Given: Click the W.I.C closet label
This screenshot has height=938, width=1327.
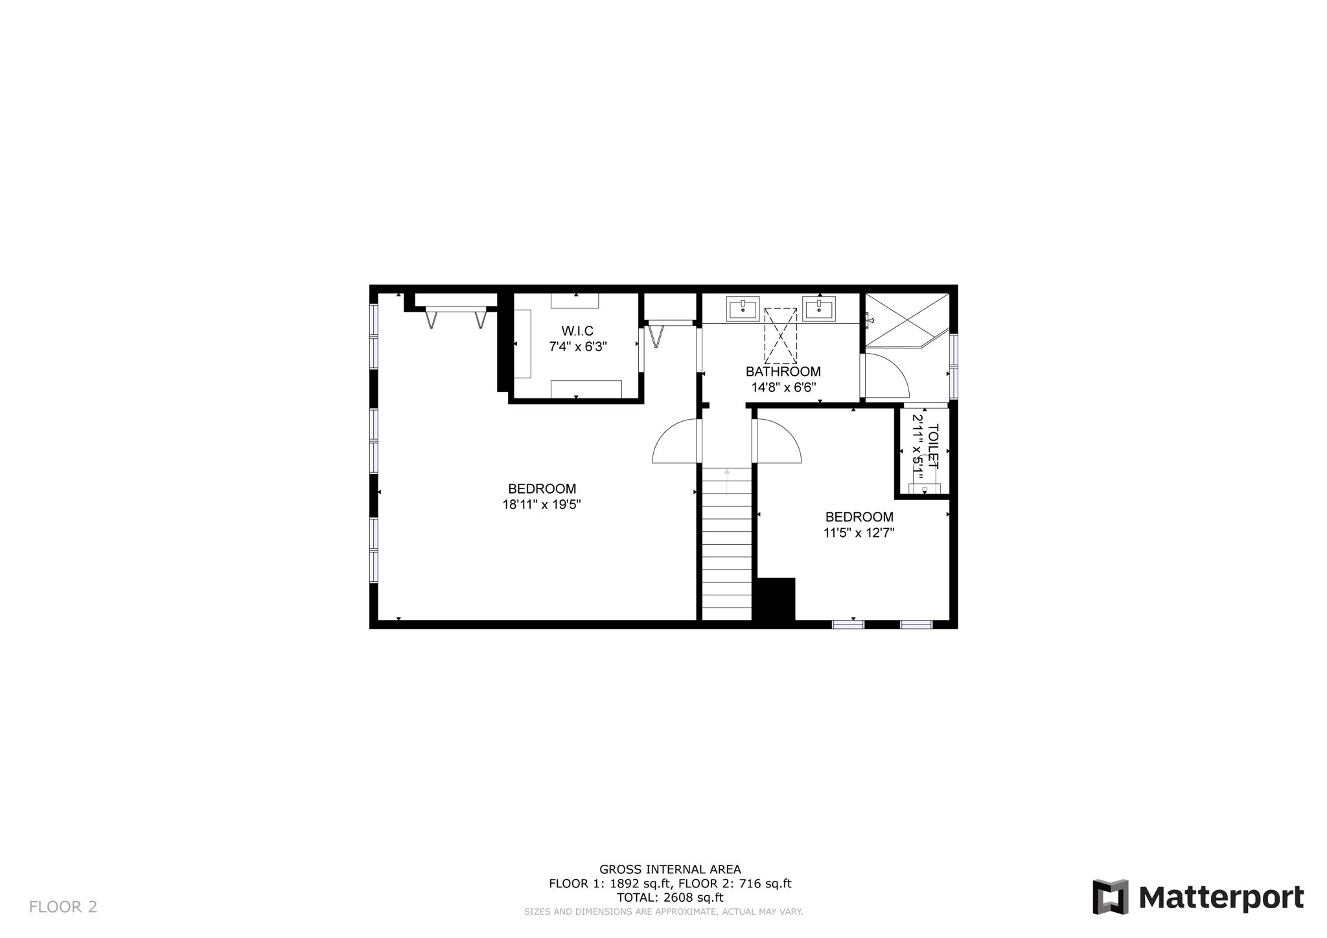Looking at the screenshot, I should tap(577, 331).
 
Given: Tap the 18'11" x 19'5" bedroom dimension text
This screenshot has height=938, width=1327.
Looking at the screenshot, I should tap(541, 505).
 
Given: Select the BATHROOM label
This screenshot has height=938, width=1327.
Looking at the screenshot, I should tap(783, 372).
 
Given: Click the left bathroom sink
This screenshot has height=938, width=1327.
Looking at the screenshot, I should tap(743, 308).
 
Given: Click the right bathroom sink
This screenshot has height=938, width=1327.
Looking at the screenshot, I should tap(819, 308).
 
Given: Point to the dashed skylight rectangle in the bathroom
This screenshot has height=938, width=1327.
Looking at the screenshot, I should tap(780, 336).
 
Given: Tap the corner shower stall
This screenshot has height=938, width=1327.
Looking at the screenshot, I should tap(904, 319).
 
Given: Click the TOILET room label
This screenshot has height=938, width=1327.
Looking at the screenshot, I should tap(933, 446).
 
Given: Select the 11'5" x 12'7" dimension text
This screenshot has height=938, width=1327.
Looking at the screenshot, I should tap(859, 533).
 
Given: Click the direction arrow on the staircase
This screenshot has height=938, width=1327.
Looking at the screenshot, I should tap(727, 481).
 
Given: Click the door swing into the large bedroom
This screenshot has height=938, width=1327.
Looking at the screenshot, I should tap(676, 442).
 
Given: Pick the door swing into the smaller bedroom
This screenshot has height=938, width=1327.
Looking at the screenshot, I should tap(778, 442).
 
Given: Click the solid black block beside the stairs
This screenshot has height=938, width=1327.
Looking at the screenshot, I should tap(775, 601).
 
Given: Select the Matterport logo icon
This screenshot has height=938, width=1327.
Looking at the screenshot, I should tap(1110, 897).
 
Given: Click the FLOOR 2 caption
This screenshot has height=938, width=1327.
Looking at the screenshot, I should tap(63, 907).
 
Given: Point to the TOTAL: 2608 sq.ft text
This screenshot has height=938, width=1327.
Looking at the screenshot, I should tap(669, 898).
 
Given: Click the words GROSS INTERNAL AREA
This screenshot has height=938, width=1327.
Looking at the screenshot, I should tap(669, 869).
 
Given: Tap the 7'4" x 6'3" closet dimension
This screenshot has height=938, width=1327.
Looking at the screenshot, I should tap(577, 347).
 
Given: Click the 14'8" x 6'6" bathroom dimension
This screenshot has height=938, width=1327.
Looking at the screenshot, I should tap(783, 387).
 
